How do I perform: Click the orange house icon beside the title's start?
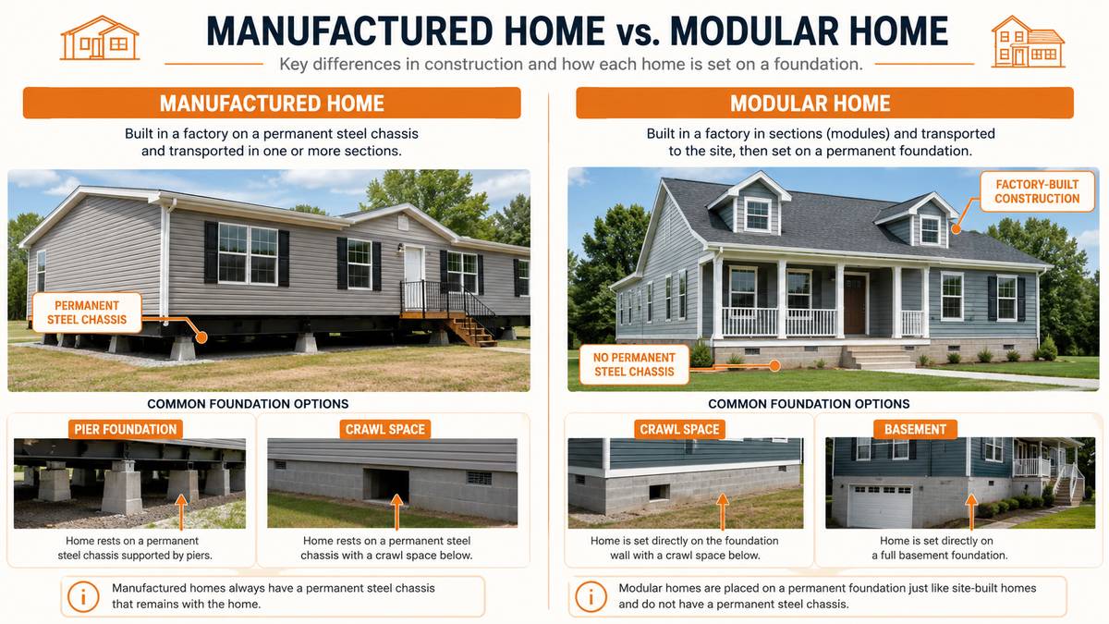(100, 38)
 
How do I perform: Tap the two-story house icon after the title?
(1028, 42)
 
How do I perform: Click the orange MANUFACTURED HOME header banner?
(272, 103)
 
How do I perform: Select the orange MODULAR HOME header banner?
(824, 103)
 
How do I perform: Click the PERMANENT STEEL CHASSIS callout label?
(87, 312)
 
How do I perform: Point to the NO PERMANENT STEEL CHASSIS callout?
(634, 364)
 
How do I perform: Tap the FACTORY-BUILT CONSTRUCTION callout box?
(1037, 191)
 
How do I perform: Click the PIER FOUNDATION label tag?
(126, 429)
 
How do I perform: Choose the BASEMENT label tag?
(915, 429)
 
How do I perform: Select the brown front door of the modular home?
(855, 304)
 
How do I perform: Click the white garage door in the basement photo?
(880, 506)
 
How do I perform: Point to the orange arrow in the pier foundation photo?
(181, 511)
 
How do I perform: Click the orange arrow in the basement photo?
(971, 511)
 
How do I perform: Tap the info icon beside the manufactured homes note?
(83, 596)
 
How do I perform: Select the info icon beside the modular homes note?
(591, 596)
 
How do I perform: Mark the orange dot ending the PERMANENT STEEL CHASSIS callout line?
(201, 337)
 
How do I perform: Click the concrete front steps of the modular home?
(878, 357)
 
